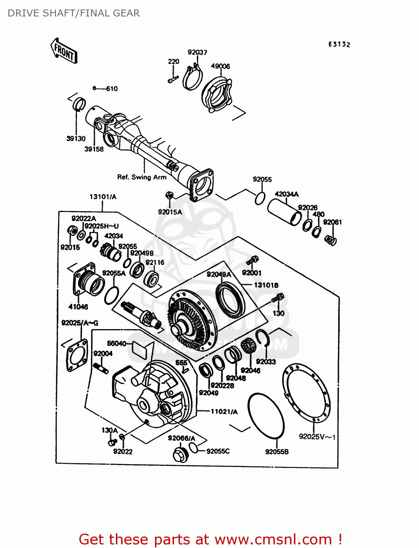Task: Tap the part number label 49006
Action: (220, 66)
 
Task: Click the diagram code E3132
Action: (339, 44)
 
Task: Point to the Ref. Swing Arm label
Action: (141, 177)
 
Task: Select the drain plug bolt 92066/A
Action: (180, 454)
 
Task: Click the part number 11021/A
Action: (224, 412)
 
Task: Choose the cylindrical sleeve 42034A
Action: (284, 212)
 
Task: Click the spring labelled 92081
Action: (331, 240)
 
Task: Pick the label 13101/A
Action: (103, 197)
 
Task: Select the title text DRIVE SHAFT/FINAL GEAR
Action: (73, 13)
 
